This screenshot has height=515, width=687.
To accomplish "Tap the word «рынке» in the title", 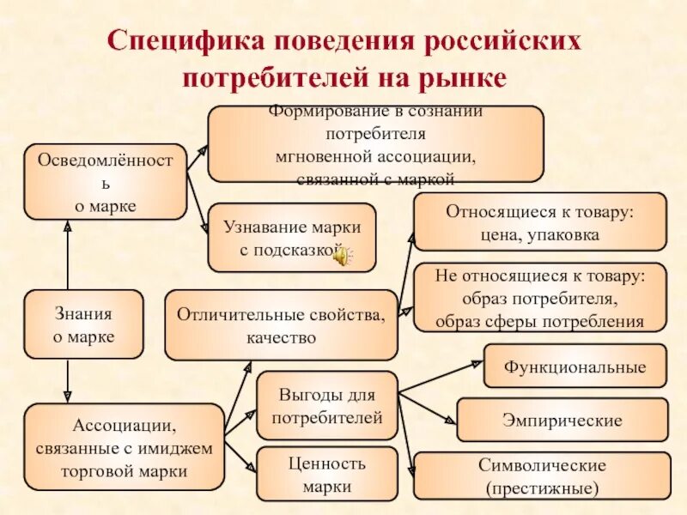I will (x=465, y=77).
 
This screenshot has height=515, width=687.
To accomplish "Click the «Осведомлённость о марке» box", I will (x=106, y=182).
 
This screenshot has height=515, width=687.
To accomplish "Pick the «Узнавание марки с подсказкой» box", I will (x=292, y=238).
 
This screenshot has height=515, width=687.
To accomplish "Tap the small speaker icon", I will (x=342, y=256).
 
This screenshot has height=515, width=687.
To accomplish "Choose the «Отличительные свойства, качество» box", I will (x=281, y=325).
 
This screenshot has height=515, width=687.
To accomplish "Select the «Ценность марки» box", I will (x=327, y=475).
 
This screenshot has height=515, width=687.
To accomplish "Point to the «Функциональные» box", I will (x=575, y=367).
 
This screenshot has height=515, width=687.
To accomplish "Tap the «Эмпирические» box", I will (x=562, y=421).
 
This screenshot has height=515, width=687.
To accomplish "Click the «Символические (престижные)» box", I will (x=542, y=476).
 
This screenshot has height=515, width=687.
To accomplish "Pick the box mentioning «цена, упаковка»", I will (x=540, y=221).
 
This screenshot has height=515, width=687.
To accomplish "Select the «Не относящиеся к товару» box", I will (x=540, y=299).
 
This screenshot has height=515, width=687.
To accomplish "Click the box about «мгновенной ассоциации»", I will (x=375, y=144).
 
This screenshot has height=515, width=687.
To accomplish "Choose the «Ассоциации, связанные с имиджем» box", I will (x=124, y=447).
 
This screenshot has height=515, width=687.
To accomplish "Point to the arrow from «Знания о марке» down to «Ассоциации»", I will (x=68, y=380).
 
